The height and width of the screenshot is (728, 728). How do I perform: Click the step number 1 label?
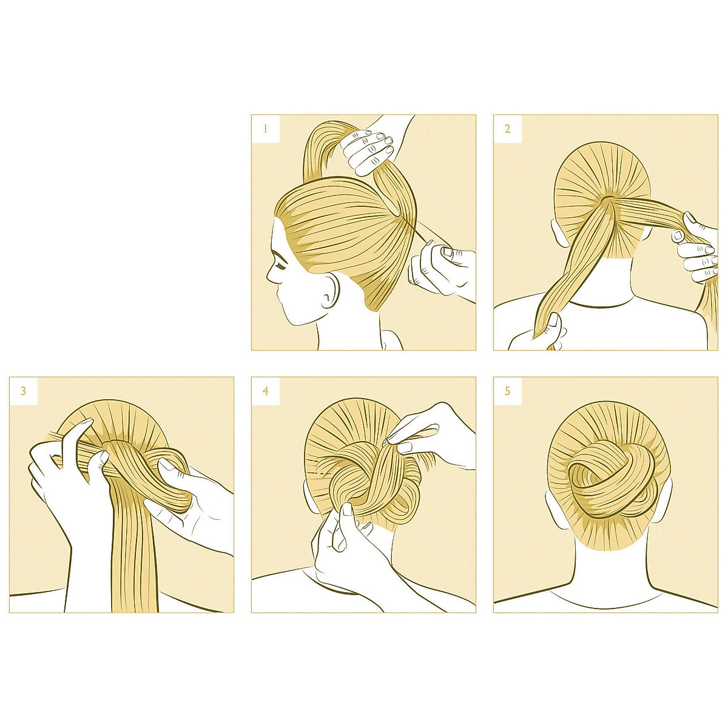(265, 129)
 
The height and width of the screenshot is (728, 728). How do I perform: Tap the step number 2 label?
(507, 129)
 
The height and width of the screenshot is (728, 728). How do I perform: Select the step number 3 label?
(24, 391)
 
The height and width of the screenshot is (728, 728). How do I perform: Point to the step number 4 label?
(265, 391)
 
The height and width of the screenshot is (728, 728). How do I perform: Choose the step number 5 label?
(507, 391)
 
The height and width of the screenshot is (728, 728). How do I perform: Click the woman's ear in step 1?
(329, 292)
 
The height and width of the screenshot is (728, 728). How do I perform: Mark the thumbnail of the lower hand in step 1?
(447, 251)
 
